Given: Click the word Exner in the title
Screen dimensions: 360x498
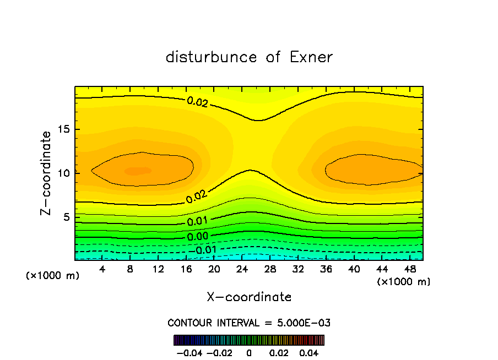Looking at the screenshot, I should (x=311, y=57).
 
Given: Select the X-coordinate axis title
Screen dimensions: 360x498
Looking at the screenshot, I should (x=249, y=297).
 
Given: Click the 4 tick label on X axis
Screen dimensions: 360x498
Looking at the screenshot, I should (x=102, y=269).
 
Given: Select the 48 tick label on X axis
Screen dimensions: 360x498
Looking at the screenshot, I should (x=410, y=269).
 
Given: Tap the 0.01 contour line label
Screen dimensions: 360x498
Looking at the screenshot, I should (x=197, y=221).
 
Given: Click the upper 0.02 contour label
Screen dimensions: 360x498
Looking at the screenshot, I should (x=197, y=102).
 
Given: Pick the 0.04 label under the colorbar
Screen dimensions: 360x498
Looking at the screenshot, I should (x=309, y=352).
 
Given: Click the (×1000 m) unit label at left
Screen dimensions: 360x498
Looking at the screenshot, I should (x=52, y=275).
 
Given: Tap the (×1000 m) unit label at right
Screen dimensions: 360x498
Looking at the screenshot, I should (x=403, y=281).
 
